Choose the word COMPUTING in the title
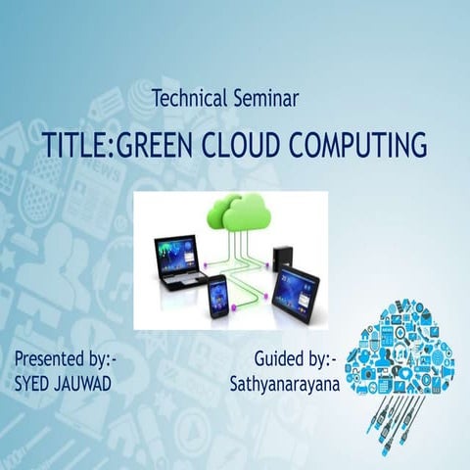[x=368, y=145]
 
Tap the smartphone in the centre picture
[x=217, y=295]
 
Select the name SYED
[x=34, y=383]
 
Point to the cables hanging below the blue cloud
[x=397, y=411]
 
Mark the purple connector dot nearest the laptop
[x=209, y=262]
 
